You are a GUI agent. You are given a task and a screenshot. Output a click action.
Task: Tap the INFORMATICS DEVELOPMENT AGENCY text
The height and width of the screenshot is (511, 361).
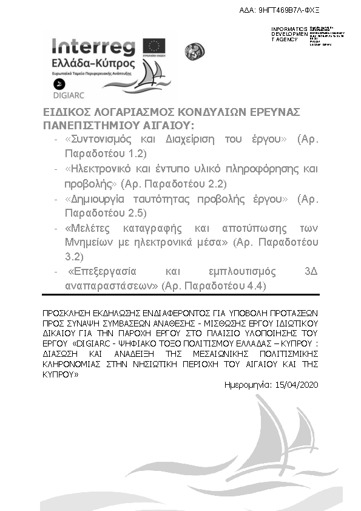pos(286,34)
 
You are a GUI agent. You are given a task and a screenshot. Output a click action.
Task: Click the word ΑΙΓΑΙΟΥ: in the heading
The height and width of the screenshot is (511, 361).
pos(170,125)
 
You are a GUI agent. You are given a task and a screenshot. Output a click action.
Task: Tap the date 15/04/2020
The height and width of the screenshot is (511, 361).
pos(297,385)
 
